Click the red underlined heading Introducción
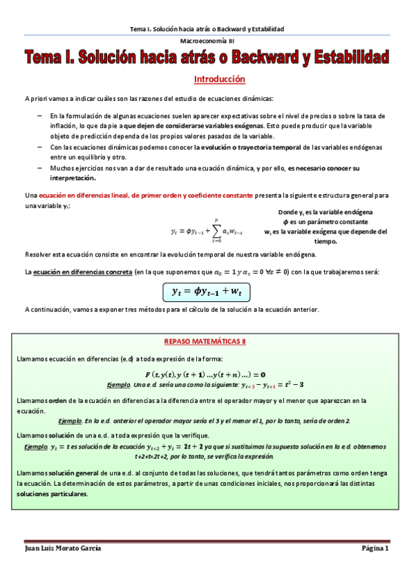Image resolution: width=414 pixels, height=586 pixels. pyautogui.click(x=219, y=79)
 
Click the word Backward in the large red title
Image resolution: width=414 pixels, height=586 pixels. pyautogui.click(x=264, y=57)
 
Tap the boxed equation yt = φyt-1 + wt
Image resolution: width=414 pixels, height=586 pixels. pyautogui.click(x=207, y=292)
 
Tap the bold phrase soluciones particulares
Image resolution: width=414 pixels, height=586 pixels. pyautogui.click(x=53, y=495)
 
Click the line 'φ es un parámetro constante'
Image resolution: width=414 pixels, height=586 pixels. pyautogui.click(x=326, y=221)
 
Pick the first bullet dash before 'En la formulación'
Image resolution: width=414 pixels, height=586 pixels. pyautogui.click(x=39, y=115)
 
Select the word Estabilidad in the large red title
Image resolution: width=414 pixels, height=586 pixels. pyautogui.click(x=349, y=57)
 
